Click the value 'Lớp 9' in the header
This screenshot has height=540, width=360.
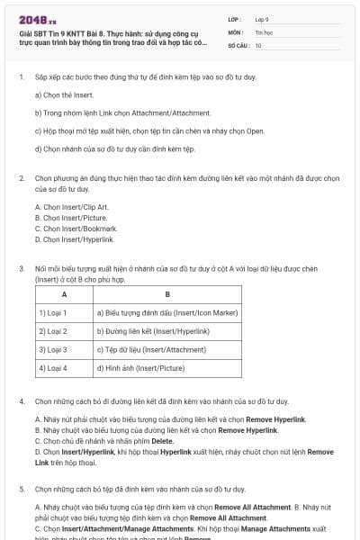click(262, 18)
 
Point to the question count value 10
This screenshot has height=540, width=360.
click(258, 44)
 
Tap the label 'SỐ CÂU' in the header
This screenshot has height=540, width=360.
click(237, 44)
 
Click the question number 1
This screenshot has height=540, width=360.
click(21, 77)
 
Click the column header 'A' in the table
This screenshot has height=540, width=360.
click(64, 294)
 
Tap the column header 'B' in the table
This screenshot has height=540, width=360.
click(167, 294)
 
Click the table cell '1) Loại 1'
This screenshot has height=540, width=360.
click(53, 313)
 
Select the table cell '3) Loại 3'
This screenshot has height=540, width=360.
click(53, 349)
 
